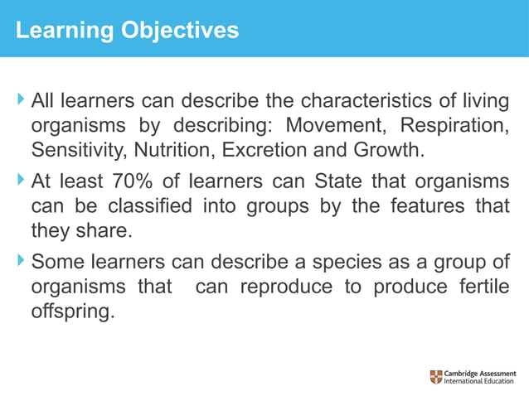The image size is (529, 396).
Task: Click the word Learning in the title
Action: pos(55,31)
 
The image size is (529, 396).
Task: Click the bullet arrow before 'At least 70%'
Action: pos(21,181)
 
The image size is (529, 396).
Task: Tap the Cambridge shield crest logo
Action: pos(436,377)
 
